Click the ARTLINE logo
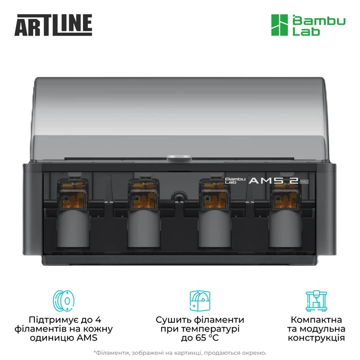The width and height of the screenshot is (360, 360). pyautogui.click(x=53, y=25)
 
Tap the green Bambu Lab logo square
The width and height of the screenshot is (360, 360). pyautogui.click(x=279, y=25)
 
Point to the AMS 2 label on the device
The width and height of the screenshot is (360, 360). pyautogui.click(x=274, y=181)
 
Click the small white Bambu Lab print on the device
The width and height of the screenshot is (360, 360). pyautogui.click(x=235, y=181)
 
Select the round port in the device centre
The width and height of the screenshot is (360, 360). pyautogui.click(x=179, y=195)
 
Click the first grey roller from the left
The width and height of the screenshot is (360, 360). pyautogui.click(x=73, y=228)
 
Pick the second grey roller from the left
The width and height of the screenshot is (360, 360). pyautogui.click(x=144, y=228)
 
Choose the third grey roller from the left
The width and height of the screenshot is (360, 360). pyautogui.click(x=214, y=228)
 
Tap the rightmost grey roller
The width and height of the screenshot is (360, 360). pyautogui.click(x=285, y=228)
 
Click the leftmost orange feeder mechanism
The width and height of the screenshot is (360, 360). pyautogui.click(x=73, y=195)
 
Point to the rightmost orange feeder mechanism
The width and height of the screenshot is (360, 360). pyautogui.click(x=285, y=195)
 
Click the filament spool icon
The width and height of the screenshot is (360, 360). pyautogui.click(x=63, y=301)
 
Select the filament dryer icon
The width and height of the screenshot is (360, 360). pyautogui.click(x=200, y=301)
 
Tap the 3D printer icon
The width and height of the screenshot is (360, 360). pyautogui.click(x=316, y=301)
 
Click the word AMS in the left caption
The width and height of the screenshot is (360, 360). pyautogui.click(x=87, y=338)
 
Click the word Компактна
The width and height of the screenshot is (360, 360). pyautogui.click(x=316, y=319)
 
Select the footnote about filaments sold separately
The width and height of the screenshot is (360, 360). pyautogui.click(x=180, y=353)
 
